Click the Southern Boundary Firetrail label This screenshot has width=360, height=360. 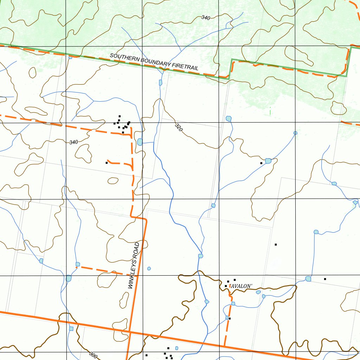(154, 62)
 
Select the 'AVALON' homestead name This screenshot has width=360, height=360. (241, 286)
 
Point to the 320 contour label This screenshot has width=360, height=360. (179, 127)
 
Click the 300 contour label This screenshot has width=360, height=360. (93, 355)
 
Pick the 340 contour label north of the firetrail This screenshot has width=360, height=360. (206, 18)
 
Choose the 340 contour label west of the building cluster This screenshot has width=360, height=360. (73, 142)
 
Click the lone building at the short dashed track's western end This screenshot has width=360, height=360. (107, 163)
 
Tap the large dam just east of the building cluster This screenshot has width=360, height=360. (140, 142)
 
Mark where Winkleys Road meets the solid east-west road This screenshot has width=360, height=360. (129, 332)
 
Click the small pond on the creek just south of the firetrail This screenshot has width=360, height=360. (161, 82)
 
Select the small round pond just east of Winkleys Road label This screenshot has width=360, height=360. (149, 269)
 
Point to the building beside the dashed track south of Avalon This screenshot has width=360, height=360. (230, 319)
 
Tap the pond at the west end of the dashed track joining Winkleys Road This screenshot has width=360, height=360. (78, 264)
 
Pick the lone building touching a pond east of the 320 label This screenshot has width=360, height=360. (261, 163)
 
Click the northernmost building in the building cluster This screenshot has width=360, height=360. (120, 116)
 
